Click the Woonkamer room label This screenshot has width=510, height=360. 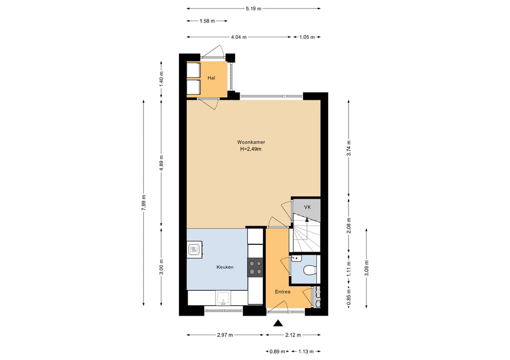coord(251,142)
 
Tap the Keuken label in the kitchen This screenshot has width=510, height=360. coord(225,267)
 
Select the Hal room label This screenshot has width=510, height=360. coord(212,78)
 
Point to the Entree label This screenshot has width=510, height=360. coord(283,292)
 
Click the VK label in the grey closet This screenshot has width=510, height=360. coord(307,207)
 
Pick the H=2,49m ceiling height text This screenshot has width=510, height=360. coord(251,149)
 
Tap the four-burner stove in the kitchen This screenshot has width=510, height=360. coord(255,268)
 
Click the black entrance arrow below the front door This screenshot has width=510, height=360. coord(278,323)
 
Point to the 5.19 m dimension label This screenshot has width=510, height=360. coord(254,9)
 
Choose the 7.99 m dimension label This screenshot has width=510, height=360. coord(144,203)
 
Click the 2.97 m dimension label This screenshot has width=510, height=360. coord(225,335)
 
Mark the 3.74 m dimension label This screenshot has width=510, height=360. coord(348,148)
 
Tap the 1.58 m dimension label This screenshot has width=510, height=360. coord(207,21)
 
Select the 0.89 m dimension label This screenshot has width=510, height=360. coord(277,352)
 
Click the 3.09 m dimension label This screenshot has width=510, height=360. coord(366,268)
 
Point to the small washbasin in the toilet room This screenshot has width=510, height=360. coord(296,258)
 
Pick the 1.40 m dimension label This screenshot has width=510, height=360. coord(161,78)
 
